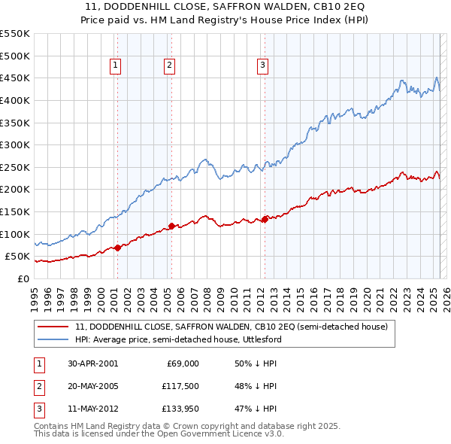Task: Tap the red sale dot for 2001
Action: click(118, 248)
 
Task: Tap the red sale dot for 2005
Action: click(171, 226)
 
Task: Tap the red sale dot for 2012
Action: click(265, 219)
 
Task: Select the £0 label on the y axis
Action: click(23, 278)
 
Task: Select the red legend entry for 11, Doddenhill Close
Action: click(232, 327)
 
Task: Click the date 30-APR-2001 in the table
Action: click(92, 363)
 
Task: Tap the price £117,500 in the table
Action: click(180, 386)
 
